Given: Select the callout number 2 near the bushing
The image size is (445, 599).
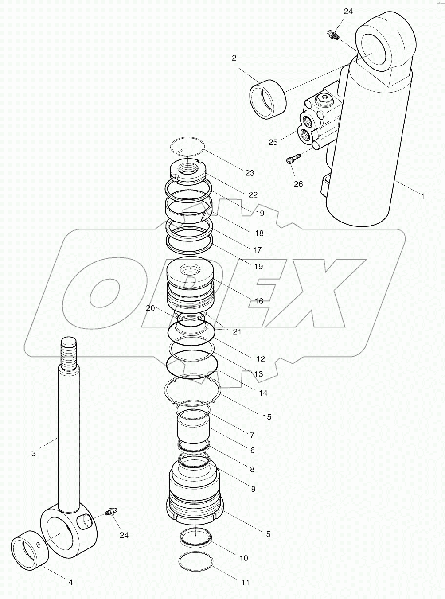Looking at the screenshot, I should tap(234, 58).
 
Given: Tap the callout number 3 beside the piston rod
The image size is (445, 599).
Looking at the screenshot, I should tap(34, 453).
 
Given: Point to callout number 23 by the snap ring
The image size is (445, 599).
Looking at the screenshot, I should tap(250, 173).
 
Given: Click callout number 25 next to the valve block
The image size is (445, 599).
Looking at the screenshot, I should tap(273, 142).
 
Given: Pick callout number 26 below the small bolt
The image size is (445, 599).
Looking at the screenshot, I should tap(298, 183).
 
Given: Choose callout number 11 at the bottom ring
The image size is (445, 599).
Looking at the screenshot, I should tap(245, 583).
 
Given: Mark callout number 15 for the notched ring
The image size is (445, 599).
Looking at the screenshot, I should tap(267, 417).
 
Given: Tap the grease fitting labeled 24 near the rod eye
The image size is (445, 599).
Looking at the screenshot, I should tap(109, 512).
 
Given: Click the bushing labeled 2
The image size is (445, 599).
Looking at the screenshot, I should tap(268, 100).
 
